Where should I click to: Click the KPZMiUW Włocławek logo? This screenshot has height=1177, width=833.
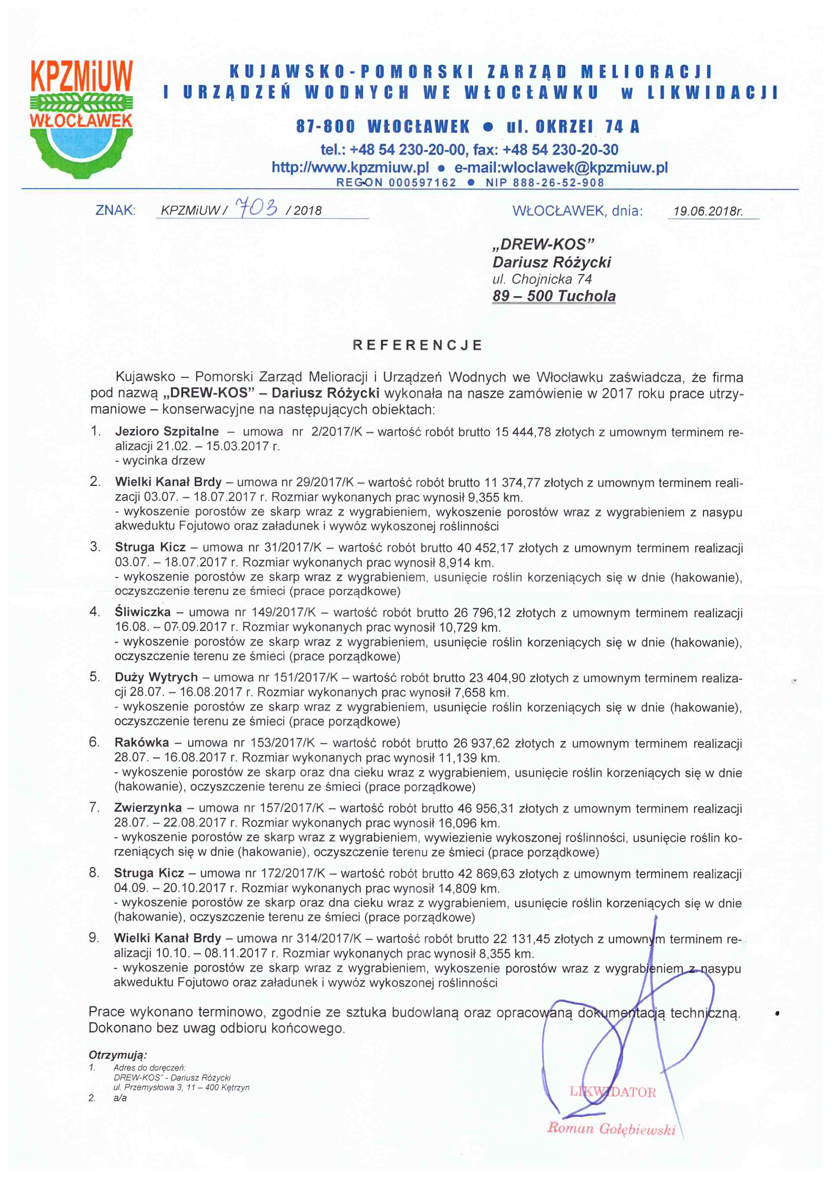pos(82,118)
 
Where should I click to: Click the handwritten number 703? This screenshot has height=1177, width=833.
pos(256,208)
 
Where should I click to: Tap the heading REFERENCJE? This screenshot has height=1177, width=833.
pos(418,345)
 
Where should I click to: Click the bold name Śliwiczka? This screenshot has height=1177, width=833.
pos(143,612)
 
